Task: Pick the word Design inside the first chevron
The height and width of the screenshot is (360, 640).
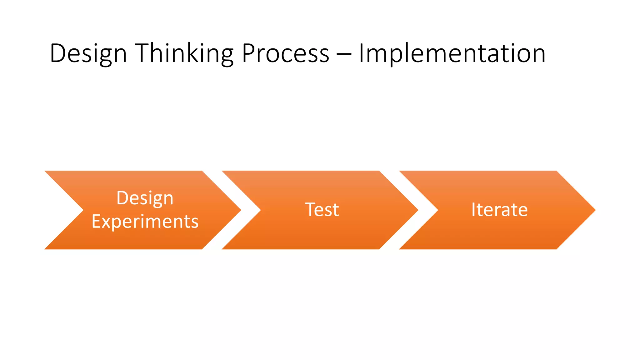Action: tap(145, 198)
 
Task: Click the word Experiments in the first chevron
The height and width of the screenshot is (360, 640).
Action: tap(145, 222)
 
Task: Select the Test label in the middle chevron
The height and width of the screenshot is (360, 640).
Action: tap(322, 210)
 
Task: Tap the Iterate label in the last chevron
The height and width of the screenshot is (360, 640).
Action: tap(499, 210)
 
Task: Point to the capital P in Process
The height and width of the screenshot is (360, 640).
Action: tap(248, 53)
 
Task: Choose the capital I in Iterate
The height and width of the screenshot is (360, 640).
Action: tap(473, 210)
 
